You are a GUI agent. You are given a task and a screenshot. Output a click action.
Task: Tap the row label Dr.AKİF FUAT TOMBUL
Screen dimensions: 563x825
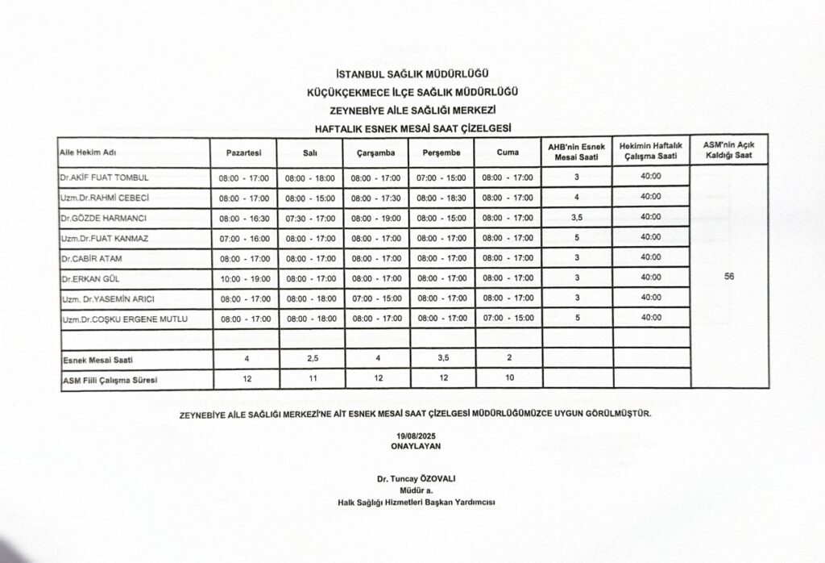click(x=104, y=177)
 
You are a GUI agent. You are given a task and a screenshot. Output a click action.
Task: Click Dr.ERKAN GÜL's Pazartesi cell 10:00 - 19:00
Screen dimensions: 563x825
click(x=243, y=279)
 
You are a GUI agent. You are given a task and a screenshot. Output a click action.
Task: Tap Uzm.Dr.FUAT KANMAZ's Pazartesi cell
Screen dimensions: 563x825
click(x=243, y=239)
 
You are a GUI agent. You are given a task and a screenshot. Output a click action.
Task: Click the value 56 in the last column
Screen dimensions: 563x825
click(x=729, y=276)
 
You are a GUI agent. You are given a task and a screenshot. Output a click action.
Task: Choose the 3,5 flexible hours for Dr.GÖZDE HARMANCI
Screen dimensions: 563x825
click(x=576, y=218)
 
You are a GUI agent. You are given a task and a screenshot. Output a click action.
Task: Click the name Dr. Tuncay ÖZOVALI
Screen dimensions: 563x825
click(x=411, y=478)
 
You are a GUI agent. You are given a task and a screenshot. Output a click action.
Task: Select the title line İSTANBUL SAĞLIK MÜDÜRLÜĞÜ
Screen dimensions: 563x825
click(x=411, y=74)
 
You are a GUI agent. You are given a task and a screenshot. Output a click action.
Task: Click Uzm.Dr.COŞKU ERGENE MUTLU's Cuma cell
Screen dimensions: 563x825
click(x=507, y=319)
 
